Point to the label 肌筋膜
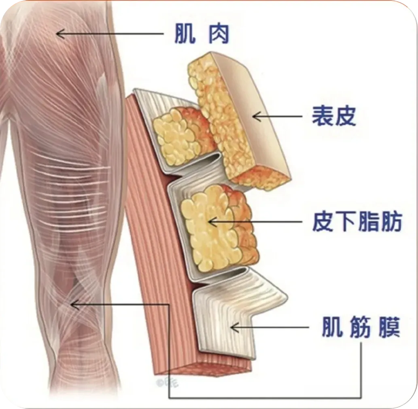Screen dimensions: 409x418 361,327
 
